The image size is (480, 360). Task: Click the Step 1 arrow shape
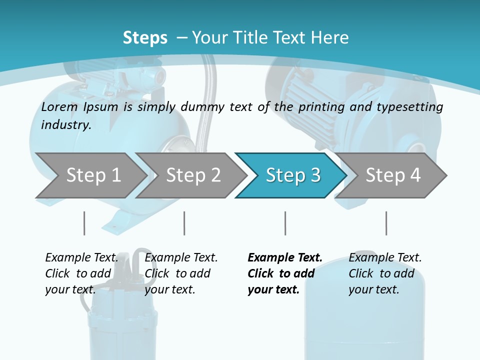[x=93, y=175]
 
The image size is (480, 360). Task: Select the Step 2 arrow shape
[x=193, y=175]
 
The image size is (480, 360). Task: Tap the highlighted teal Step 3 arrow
[x=292, y=175]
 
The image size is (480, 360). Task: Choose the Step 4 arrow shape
[x=392, y=175]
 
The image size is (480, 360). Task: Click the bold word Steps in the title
[x=145, y=38]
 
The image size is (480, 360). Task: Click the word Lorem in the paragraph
[x=59, y=106]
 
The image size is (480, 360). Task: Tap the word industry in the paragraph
[x=65, y=125]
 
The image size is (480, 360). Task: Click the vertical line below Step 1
[x=84, y=223]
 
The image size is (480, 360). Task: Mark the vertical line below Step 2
[x=184, y=223]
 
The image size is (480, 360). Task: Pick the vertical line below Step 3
[x=285, y=223]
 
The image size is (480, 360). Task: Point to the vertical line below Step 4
[x=386, y=223]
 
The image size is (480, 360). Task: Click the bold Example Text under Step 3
[x=285, y=258]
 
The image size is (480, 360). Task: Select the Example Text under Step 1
[x=81, y=258]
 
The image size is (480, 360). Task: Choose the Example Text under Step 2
[x=181, y=258]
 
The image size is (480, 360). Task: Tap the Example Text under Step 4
[x=385, y=258]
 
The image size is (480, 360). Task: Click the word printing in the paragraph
[x=318, y=106]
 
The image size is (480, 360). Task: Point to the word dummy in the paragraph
[x=202, y=106]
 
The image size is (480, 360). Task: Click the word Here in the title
[x=330, y=38]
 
